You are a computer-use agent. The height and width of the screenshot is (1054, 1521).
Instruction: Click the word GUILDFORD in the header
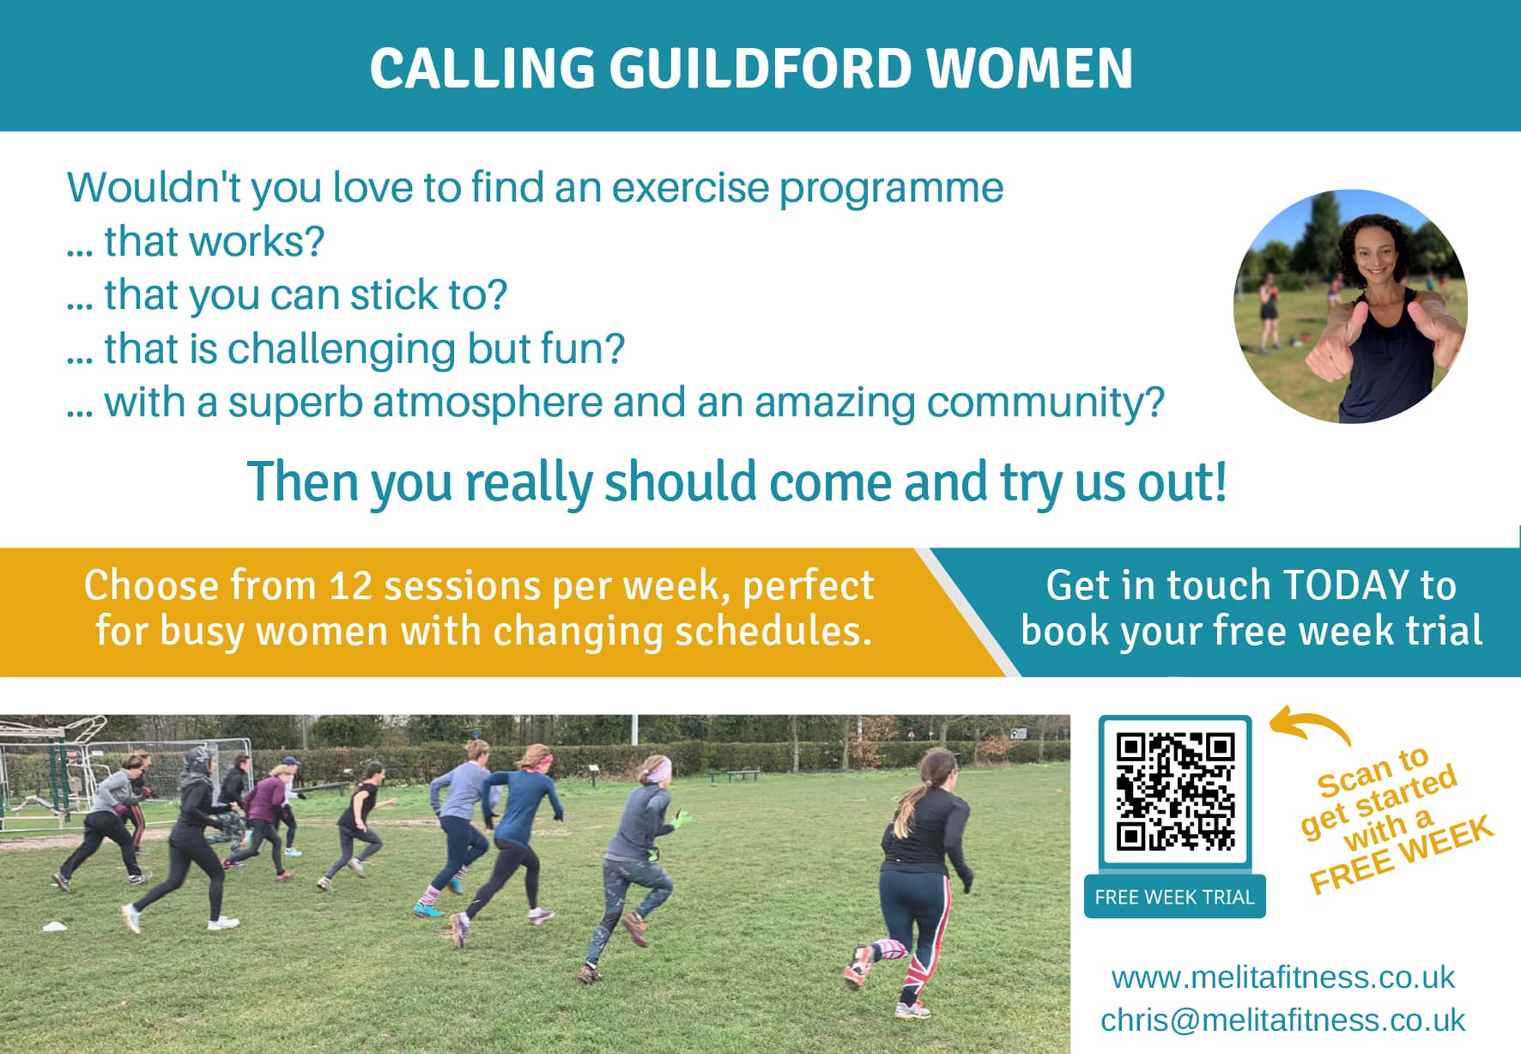[x=760, y=68]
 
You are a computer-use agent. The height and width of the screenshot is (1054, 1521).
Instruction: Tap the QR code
[x=1175, y=791]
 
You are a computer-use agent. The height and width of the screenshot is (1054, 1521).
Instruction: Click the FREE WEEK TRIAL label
[x=1174, y=897]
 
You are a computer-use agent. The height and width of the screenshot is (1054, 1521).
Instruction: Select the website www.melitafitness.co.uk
[x=1282, y=977]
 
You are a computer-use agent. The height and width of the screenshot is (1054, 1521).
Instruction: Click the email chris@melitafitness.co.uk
[x=1282, y=1020]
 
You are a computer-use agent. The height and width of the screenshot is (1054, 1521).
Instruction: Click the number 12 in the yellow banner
[x=351, y=585]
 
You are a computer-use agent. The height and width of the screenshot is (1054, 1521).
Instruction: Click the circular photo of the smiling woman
[x=1350, y=306]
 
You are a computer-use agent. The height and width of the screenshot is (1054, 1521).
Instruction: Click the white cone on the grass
[x=55, y=925]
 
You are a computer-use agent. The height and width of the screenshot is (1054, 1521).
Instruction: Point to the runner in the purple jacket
[x=264, y=815]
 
